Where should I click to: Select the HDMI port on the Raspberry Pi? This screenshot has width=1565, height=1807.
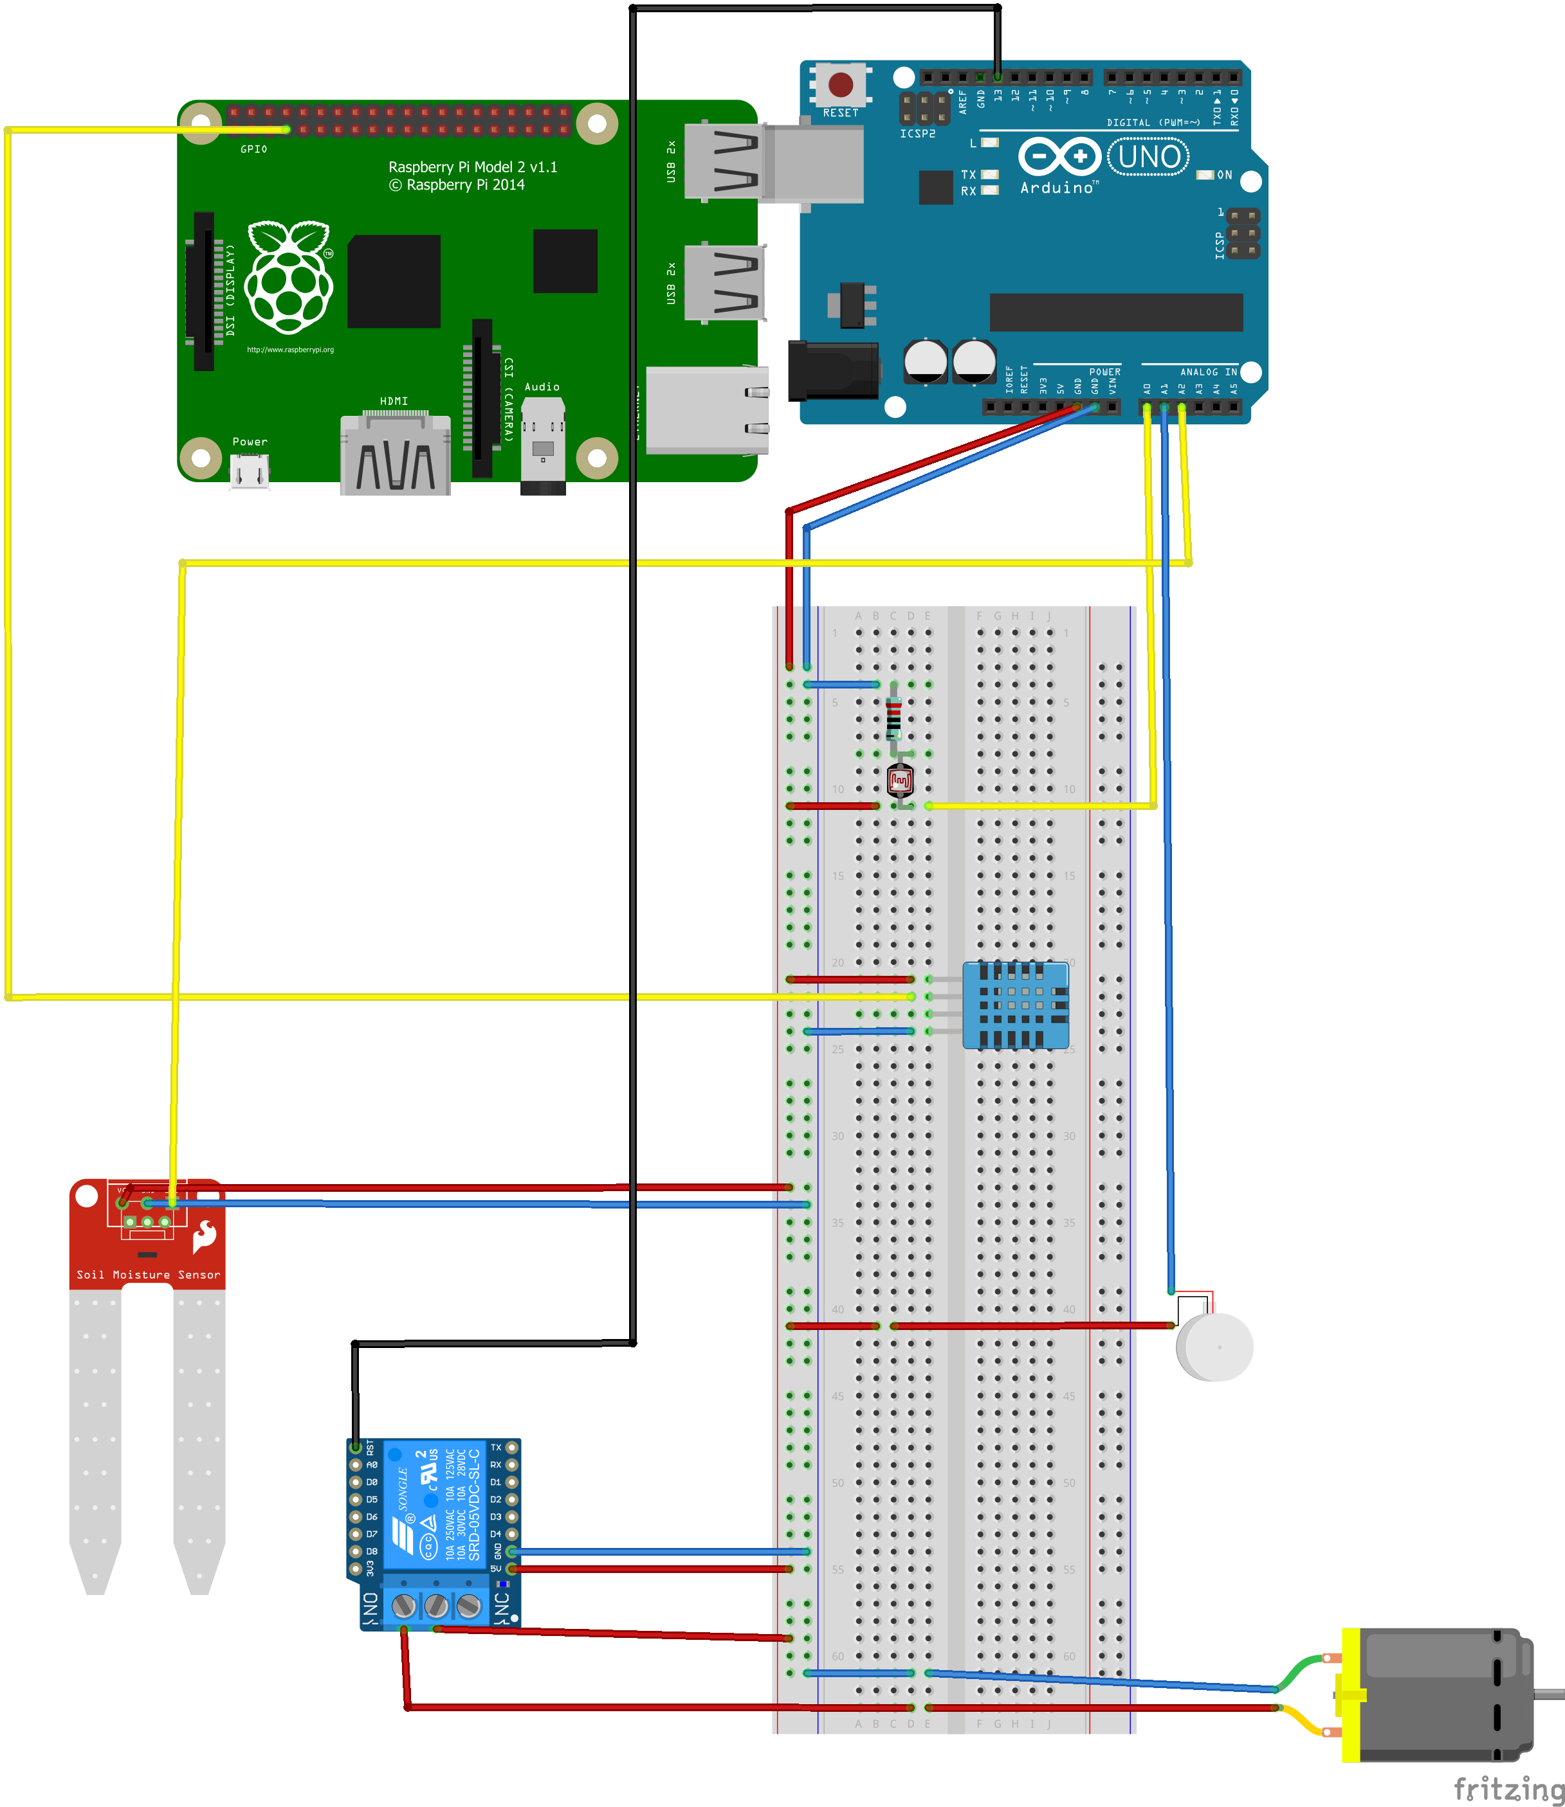396,456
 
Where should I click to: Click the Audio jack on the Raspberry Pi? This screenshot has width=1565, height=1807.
543,446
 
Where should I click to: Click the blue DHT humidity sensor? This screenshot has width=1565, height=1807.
1016,1005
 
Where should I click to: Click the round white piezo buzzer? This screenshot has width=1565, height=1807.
1215,1347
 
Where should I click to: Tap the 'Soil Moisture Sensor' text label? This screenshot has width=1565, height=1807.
149,1275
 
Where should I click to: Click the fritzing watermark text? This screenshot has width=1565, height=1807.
1508,1788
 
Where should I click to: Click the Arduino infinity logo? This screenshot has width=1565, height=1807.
1059,157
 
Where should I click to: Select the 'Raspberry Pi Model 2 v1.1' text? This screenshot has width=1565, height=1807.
473,166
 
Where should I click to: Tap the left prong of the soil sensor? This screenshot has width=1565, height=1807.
95,1432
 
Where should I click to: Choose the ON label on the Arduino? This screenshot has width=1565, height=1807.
1224,175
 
